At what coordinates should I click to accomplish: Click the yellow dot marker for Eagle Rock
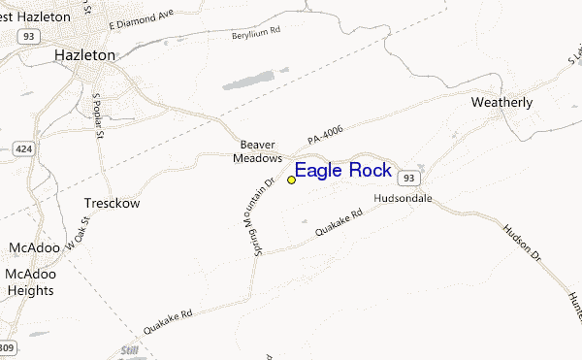pyautogui.click(x=291, y=180)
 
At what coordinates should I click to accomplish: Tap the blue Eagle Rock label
pyautogui.click(x=343, y=171)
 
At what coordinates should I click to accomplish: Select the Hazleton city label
pyautogui.click(x=84, y=55)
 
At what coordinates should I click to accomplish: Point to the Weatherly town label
pyautogui.click(x=502, y=101)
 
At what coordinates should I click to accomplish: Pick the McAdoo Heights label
pyautogui.click(x=29, y=281)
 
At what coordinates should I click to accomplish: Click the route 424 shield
pyautogui.click(x=23, y=150)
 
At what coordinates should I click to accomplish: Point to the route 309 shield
pyautogui.click(x=6, y=347)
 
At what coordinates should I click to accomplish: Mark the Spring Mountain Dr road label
pyautogui.click(x=246, y=220)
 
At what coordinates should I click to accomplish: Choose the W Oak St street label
pyautogui.click(x=78, y=236)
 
